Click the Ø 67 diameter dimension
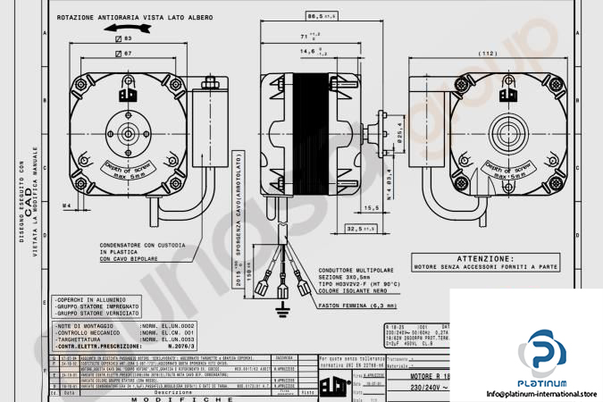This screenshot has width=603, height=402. [x=124, y=54]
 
